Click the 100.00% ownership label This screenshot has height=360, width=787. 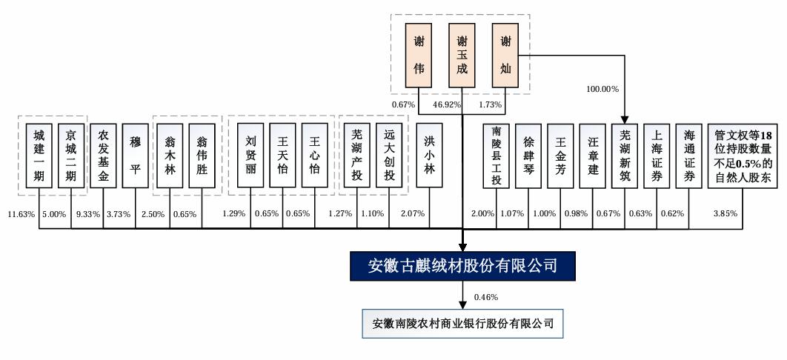point(602,89)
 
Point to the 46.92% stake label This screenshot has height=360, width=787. point(447,106)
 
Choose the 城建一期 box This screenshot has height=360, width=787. point(39,156)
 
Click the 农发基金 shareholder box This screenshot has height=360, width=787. point(103,156)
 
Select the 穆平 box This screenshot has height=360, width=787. point(136,156)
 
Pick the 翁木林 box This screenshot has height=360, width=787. point(170,156)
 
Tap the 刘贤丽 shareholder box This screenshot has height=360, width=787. point(250,156)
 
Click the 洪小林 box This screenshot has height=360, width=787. point(430,156)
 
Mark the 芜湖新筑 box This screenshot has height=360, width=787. point(623,156)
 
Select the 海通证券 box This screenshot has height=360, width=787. point(688,156)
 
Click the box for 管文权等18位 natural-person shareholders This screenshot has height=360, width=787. point(742,156)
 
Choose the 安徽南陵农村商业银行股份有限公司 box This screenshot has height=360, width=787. point(463,324)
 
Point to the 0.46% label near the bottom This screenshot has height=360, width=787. point(485,297)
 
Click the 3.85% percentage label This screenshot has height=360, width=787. point(725,214)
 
